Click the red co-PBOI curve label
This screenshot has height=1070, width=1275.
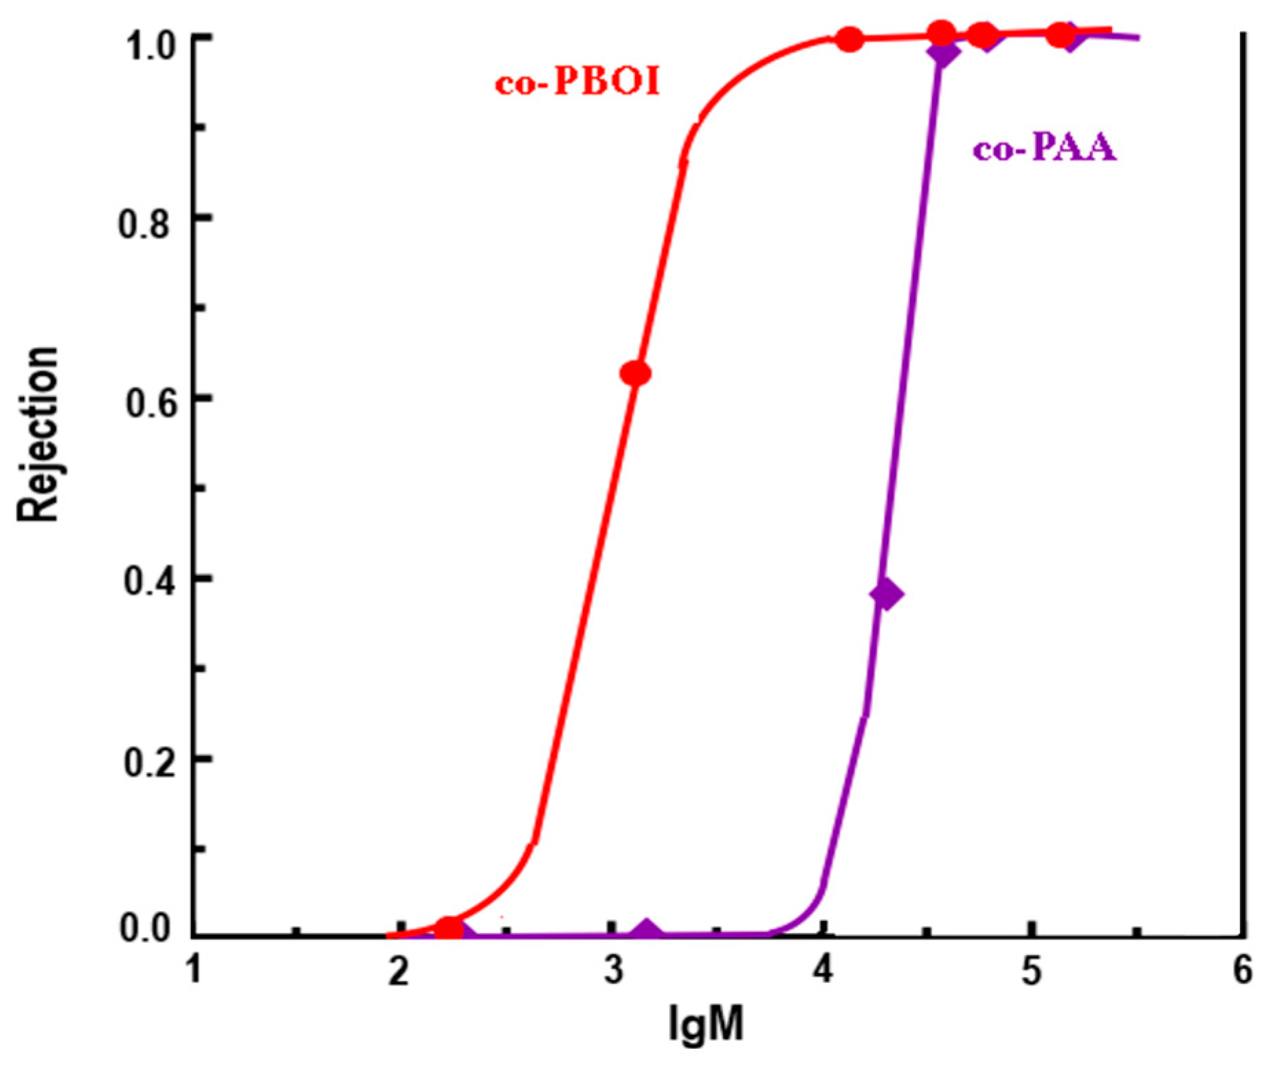click(x=577, y=83)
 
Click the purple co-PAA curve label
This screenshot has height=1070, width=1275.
click(x=1044, y=148)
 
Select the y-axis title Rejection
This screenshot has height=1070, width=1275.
click(x=38, y=434)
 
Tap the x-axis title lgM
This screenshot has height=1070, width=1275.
click(x=706, y=1025)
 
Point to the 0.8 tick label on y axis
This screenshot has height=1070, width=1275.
click(x=144, y=224)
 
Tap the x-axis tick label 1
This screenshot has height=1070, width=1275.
click(x=195, y=970)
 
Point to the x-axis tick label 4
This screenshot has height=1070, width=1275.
click(x=822, y=972)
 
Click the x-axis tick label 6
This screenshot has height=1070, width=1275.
click(x=1241, y=972)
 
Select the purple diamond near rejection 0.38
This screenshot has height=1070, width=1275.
click(x=887, y=594)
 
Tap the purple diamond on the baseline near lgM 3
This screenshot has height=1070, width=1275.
click(x=646, y=930)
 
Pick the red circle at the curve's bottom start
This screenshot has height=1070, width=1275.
click(x=449, y=928)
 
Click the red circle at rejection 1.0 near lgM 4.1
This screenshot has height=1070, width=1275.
click(x=850, y=40)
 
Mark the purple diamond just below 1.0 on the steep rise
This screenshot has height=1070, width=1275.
click(x=943, y=53)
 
